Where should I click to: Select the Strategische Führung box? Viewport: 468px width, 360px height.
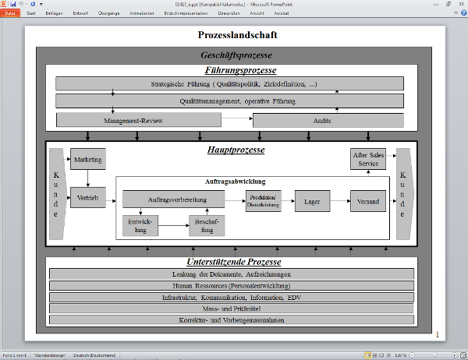(229, 83)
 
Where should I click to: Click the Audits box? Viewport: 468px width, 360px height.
(328, 121)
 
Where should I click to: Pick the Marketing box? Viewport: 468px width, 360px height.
(87, 159)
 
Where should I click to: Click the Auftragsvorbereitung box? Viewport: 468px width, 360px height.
(173, 199)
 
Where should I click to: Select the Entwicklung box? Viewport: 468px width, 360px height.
(140, 226)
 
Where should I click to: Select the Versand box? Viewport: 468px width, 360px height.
(367, 201)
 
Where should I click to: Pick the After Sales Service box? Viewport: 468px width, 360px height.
(367, 159)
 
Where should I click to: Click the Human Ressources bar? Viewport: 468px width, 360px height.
(231, 286)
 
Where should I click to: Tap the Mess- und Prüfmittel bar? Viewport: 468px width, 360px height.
(231, 309)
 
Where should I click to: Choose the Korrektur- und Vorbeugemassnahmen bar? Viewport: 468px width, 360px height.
(231, 320)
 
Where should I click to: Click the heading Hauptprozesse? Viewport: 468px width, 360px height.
(236, 150)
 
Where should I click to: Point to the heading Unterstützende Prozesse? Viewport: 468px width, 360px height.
(233, 262)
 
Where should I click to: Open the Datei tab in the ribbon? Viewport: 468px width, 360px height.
(10, 13)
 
